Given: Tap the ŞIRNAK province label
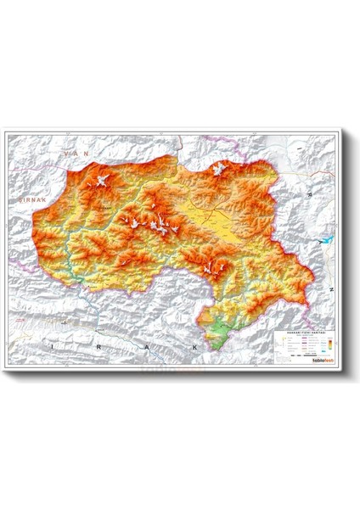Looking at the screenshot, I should tap(26, 196).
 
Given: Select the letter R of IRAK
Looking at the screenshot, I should tap(101, 347).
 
